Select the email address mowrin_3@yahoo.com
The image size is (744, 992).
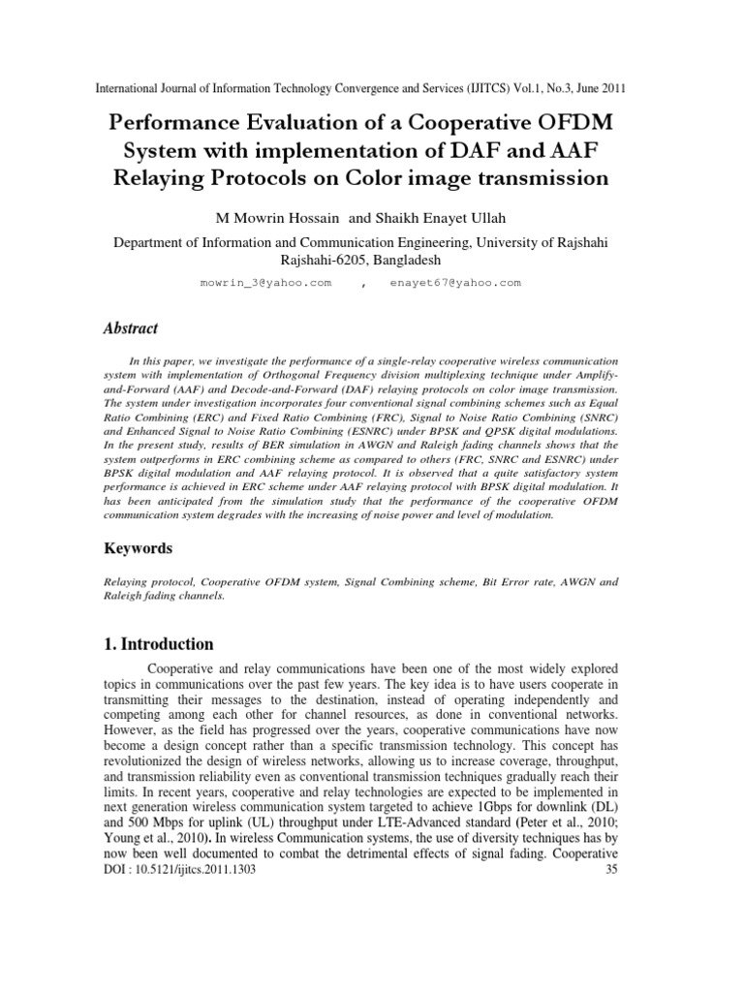(264, 283)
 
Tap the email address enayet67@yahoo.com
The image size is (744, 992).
(455, 283)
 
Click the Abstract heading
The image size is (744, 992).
(131, 328)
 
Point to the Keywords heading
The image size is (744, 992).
(138, 548)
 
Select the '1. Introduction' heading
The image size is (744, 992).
(159, 643)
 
